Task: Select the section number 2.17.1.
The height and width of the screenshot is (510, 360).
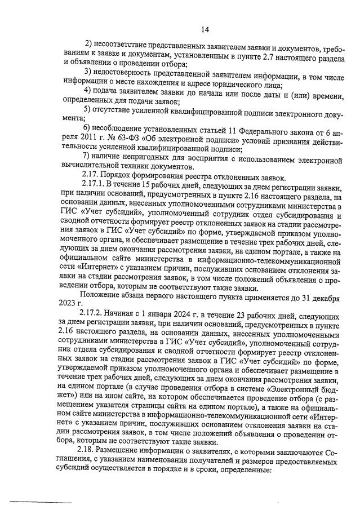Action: [94, 187]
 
